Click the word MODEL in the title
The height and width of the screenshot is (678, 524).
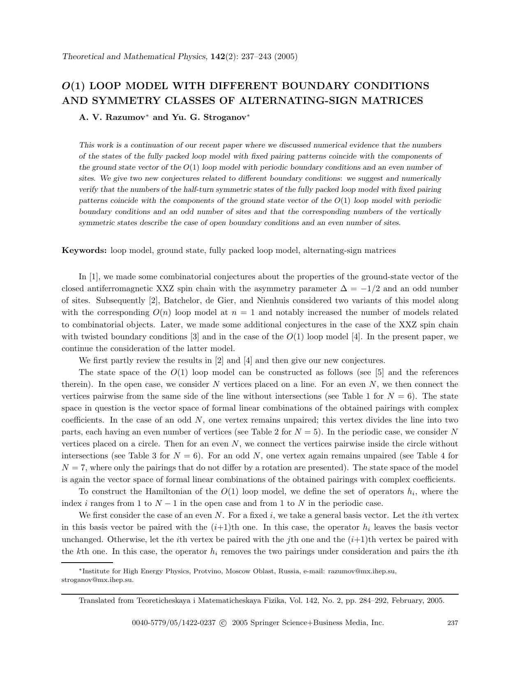[x=146, y=86]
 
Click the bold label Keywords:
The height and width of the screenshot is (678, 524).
[x=84, y=251]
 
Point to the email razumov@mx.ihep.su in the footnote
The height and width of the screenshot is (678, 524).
[x=362, y=571]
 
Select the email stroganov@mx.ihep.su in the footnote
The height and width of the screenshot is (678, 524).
[x=97, y=580]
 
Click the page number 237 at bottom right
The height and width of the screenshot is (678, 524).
[x=452, y=623]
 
